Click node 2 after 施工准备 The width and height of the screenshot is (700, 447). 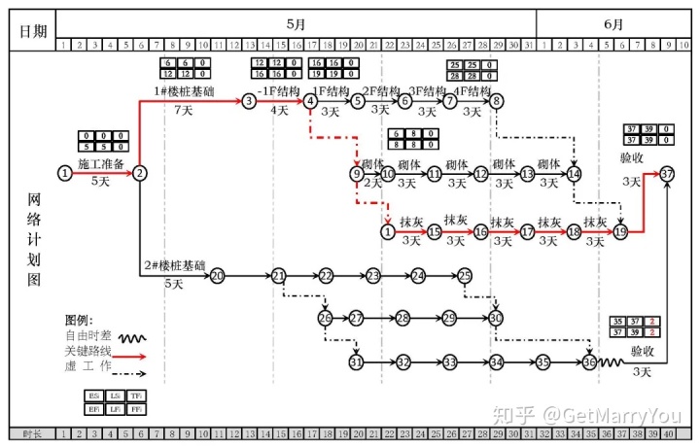coord(140,173)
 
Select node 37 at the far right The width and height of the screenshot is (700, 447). coord(667,173)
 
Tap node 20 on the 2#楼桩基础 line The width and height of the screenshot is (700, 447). coord(217,276)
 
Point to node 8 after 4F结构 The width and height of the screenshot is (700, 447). coord(497,100)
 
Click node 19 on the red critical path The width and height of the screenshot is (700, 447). coord(620,232)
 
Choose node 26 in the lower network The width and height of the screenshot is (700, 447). coord(325,318)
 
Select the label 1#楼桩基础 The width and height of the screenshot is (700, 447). coord(184,91)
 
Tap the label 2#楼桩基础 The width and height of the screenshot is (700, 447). coord(175,265)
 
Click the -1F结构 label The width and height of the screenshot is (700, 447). coord(278,91)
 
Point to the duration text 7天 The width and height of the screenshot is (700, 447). coord(184,110)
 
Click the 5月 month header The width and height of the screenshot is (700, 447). coord(296,23)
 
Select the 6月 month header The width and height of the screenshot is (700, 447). coord(613,23)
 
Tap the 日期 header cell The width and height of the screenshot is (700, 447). coord(32,30)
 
